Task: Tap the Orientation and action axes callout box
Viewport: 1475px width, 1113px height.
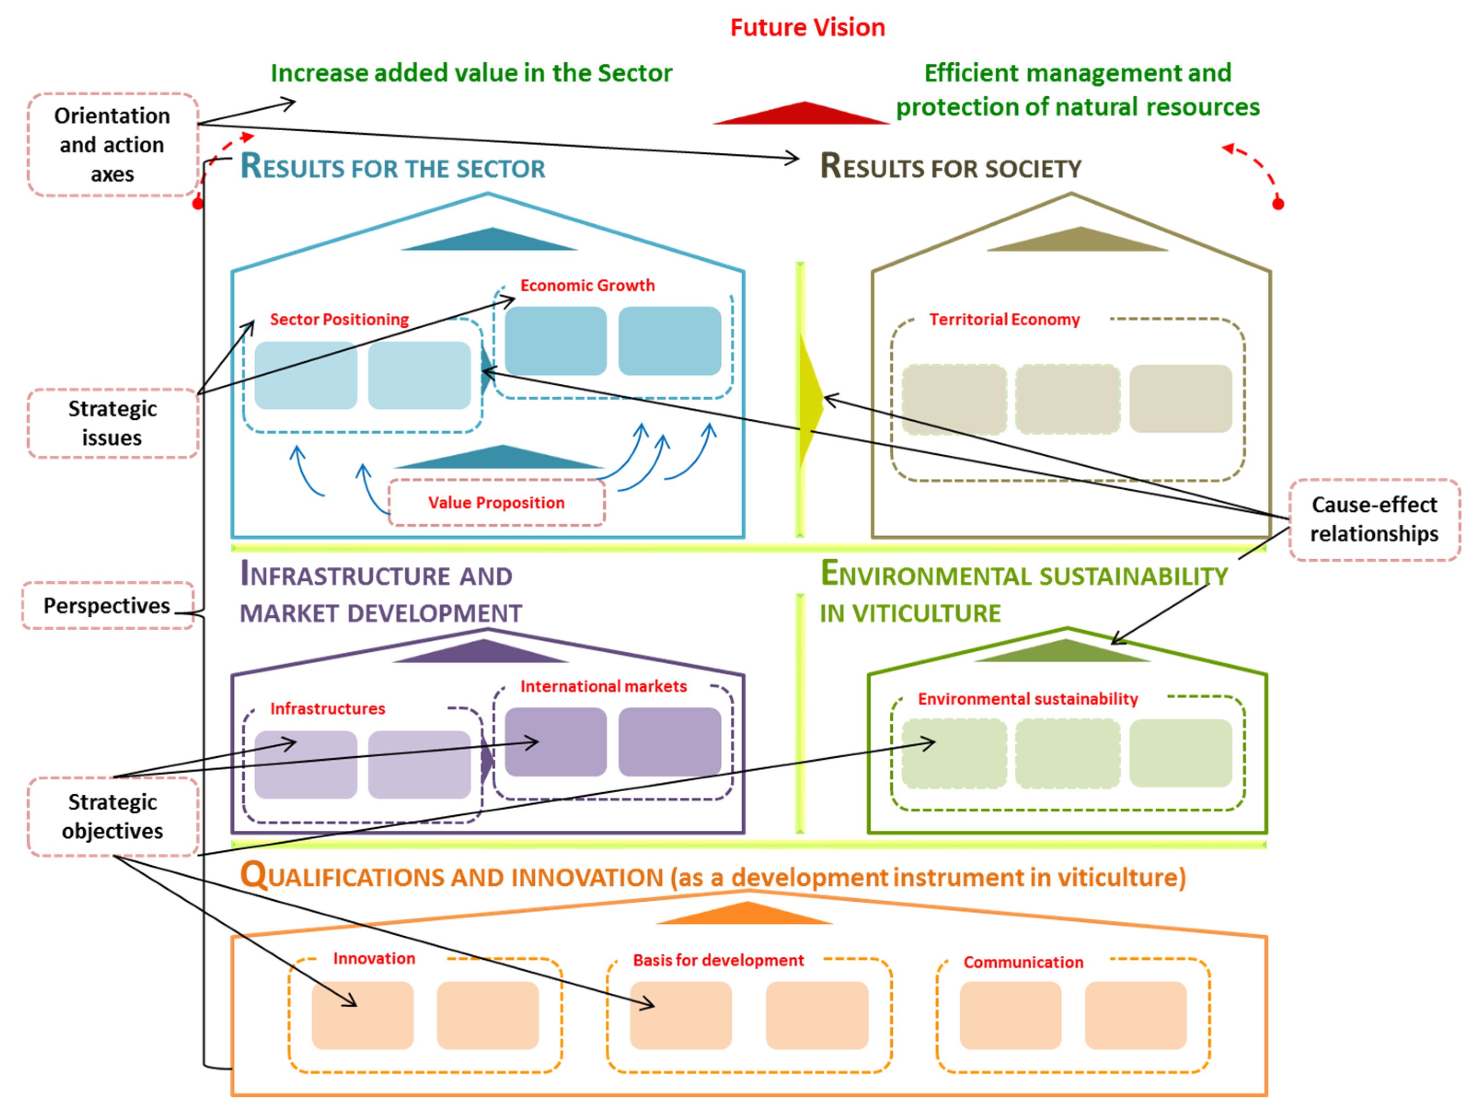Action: click(112, 145)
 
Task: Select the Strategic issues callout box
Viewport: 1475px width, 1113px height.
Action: click(112, 423)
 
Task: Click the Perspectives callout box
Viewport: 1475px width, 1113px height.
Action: click(107, 605)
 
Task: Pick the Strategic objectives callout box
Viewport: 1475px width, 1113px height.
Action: click(112, 816)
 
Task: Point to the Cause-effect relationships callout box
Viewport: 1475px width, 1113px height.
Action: click(1374, 519)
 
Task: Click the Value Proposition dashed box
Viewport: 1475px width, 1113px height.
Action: click(496, 503)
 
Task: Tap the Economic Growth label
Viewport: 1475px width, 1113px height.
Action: click(587, 285)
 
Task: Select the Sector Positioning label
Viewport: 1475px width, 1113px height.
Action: click(339, 319)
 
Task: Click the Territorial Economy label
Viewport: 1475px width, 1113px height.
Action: click(1004, 319)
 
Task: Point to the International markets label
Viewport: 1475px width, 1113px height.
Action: click(603, 687)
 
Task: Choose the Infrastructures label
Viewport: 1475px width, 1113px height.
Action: click(327, 709)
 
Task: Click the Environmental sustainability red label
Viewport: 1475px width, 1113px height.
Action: click(1027, 699)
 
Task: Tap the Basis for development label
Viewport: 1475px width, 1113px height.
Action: click(718, 960)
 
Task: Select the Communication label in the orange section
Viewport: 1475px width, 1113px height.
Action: click(1023, 962)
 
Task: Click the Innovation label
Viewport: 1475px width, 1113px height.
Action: click(374, 959)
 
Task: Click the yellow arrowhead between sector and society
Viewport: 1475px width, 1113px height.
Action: click(809, 400)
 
